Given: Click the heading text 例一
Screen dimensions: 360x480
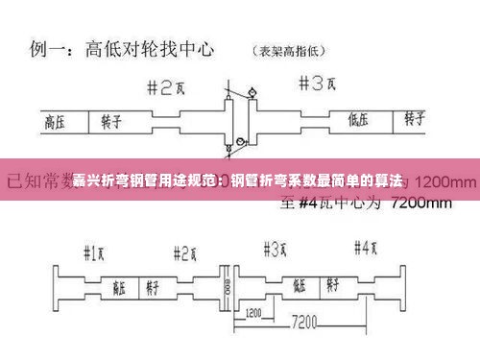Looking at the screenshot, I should (49, 47).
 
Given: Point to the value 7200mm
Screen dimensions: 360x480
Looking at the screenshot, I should (415, 203).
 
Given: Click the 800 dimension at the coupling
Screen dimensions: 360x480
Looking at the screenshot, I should (227, 286).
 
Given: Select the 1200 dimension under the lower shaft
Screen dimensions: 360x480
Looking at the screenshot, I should (254, 312).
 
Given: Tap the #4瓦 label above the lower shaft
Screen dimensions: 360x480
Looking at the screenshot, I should (366, 248).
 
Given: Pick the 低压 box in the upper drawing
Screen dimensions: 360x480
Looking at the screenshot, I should (359, 120).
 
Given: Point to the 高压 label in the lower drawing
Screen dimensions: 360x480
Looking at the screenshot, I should (119, 285).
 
